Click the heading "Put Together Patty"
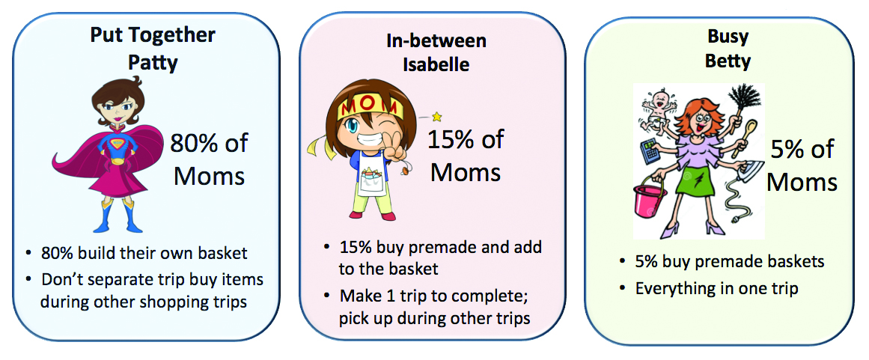[x=153, y=49]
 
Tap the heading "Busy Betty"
[x=727, y=49]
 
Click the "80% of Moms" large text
[x=209, y=159]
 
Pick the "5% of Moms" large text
[x=802, y=165]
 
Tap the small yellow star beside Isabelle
[x=436, y=116]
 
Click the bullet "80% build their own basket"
[x=144, y=254]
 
